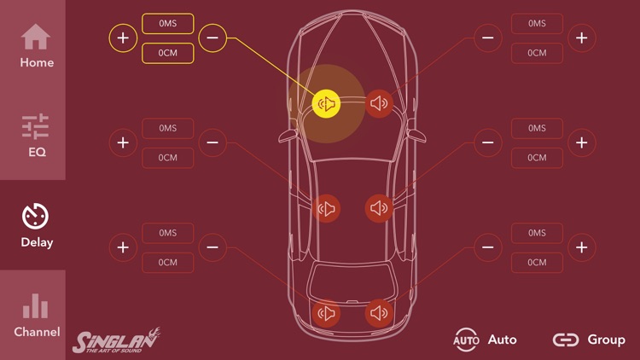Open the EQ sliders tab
35,135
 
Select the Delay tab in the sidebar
35,225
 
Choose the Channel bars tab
35,314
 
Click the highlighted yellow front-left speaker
326,104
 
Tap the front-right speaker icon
379,104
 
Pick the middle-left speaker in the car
326,208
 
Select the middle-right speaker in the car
379,208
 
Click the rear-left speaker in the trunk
326,313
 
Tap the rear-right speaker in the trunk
379,313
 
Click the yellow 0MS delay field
168,24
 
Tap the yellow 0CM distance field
168,53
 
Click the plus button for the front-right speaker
582,38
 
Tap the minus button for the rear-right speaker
487,247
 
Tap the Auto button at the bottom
485,340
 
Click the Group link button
589,340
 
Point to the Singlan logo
116,341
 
